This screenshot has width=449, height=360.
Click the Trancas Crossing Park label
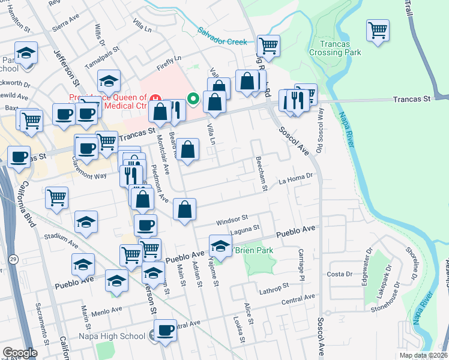click(335, 48)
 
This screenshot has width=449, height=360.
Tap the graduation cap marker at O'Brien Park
click(220, 246)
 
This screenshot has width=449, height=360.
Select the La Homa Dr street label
click(296, 177)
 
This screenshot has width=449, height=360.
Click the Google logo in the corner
click(20, 353)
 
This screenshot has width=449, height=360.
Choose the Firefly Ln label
click(169, 58)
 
